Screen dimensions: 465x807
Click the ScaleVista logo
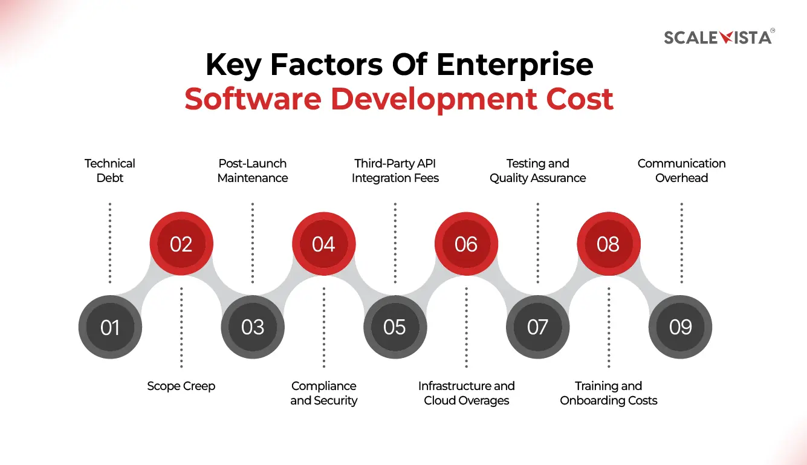coord(719,37)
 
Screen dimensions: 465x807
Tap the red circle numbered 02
coord(181,244)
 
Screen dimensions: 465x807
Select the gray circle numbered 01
coord(110,327)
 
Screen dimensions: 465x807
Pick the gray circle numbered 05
coord(395,327)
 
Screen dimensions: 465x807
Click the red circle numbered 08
coord(608,244)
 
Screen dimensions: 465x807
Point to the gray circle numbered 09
coord(680,327)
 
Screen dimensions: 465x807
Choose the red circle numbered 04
coord(324,244)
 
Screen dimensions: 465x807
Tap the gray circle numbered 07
coord(537,327)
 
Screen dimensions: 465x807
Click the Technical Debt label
coord(110,171)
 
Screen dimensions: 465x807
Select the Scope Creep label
coord(181,386)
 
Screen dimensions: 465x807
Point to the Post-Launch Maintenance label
coord(253,171)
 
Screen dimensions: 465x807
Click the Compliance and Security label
coord(324,393)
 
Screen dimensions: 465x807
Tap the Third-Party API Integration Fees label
coord(395,171)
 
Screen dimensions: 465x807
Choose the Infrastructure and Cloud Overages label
coord(467,393)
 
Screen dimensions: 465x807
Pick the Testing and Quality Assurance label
coord(538,171)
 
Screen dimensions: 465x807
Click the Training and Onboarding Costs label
coord(609,393)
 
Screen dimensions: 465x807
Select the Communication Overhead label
coord(682,171)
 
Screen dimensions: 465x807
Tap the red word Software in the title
coord(253,99)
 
